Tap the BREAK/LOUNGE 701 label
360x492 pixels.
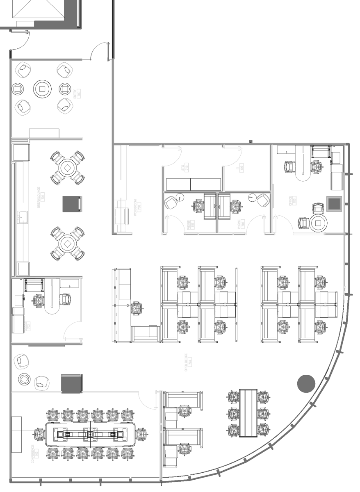tap(40, 197)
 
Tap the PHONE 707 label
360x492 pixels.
tap(191, 225)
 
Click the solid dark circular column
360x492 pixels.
tap(306, 383)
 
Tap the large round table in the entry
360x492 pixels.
tap(43, 88)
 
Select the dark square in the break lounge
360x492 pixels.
tap(72, 204)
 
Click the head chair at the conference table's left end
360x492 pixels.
tap(39, 434)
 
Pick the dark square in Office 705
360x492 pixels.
tap(334, 204)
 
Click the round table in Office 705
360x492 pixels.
tap(318, 223)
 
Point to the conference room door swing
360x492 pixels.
tap(146, 400)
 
